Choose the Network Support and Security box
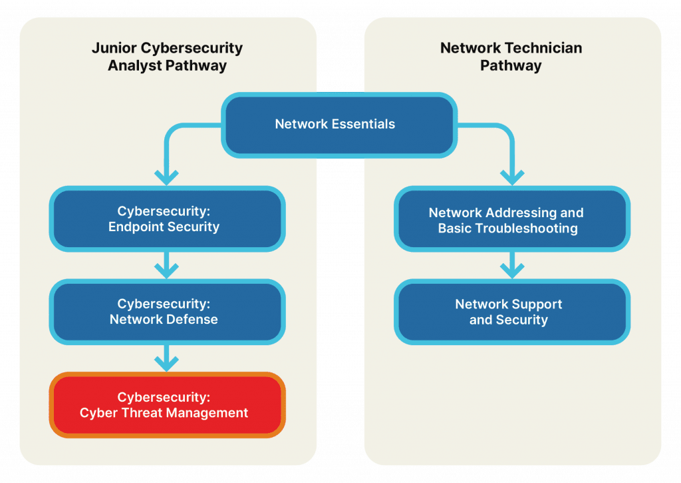511,312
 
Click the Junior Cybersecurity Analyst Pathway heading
167,57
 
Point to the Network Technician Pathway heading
511,57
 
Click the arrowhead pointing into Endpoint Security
166,177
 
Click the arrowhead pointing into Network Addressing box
511,177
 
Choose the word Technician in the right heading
541,49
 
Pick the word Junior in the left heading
111,49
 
